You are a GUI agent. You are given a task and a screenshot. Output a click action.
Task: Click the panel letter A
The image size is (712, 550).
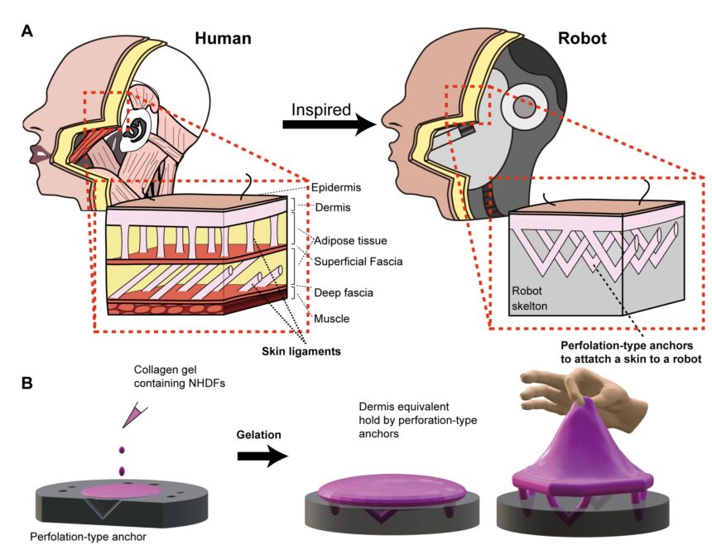point(27,31)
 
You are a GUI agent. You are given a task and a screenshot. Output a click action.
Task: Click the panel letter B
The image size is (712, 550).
point(27,383)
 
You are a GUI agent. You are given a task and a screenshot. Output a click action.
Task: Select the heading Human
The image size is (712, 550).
point(223,38)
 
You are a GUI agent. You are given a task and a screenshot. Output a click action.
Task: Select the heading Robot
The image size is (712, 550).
point(583,38)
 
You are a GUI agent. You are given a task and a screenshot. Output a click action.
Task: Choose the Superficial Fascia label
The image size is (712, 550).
point(358,262)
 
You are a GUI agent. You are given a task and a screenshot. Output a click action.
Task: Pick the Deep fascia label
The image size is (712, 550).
point(343,292)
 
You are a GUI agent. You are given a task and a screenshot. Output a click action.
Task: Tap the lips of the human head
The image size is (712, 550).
point(37,155)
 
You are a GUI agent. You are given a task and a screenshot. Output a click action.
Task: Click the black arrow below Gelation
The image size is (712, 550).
point(262,458)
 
